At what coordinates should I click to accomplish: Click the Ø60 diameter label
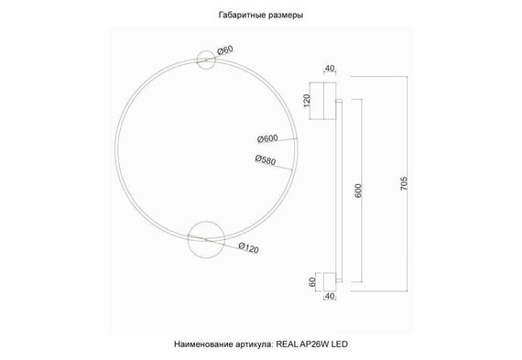point(226,50)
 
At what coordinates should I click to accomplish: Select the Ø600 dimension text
point(267,139)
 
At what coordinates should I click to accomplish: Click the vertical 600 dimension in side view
point(360,190)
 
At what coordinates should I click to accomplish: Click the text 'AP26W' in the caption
point(315,344)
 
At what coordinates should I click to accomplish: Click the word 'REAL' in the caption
point(288,344)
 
